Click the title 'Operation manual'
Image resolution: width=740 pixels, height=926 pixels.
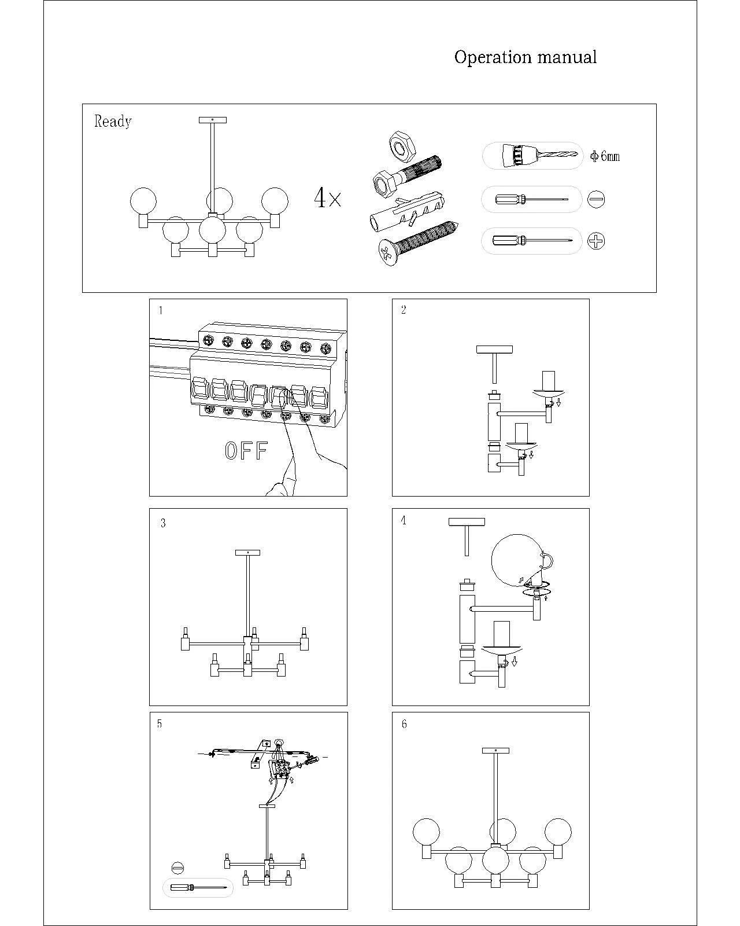pos(525,57)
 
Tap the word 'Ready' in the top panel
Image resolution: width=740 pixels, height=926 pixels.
pos(113,122)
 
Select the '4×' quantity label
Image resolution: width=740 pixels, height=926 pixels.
pos(328,198)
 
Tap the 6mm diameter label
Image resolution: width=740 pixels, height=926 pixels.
pos(605,156)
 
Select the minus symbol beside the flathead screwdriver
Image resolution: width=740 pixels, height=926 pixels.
pos(596,199)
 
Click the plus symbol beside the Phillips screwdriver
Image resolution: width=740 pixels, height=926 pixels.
pos(596,241)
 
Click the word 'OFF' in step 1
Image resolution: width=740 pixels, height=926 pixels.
pos(246,451)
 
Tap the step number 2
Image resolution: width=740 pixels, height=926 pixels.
pos(404,310)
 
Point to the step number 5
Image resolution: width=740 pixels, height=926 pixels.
pos(160,724)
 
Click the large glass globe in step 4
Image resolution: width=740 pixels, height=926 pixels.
pos(518,560)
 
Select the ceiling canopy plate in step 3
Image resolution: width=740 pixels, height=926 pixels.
pos(247,553)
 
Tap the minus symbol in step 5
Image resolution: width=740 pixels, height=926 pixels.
pos(177,868)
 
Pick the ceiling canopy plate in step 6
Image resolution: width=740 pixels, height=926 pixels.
pos(495,751)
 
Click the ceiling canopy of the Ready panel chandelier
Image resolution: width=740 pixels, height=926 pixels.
pos(212,120)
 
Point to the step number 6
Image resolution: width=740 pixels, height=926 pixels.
pos(404,724)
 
